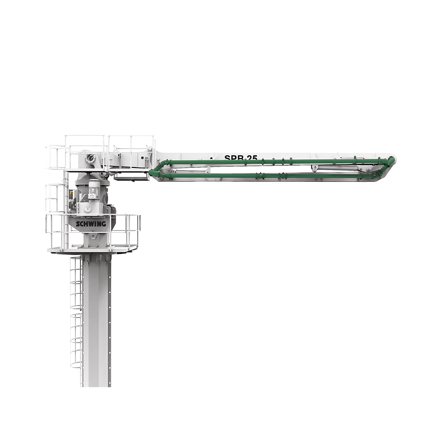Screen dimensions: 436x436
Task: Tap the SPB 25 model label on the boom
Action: pos(241,158)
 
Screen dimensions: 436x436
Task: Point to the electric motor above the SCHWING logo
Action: pos(94,190)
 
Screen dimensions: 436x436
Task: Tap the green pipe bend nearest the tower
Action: pos(153,173)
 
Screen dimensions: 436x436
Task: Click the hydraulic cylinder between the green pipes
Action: pos(336,168)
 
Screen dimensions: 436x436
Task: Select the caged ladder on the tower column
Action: pos(76,314)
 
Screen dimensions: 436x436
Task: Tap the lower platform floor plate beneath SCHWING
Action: pos(92,250)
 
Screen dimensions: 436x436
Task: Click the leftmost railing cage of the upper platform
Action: pos(55,157)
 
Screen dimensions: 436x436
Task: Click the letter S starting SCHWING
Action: pos(78,224)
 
